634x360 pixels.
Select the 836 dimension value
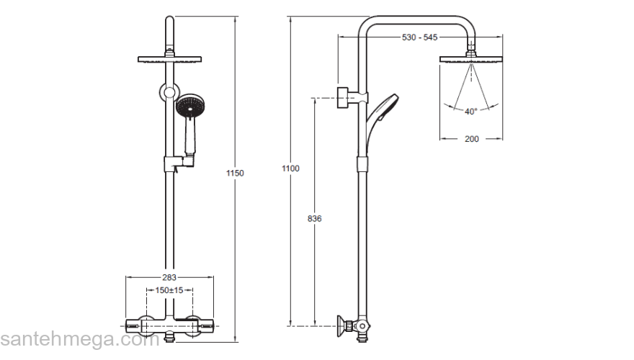coord(314,218)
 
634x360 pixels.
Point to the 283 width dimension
coord(169,277)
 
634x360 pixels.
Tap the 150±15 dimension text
coord(169,290)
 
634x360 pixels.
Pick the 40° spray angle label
coord(470,112)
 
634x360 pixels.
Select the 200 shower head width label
coord(472,140)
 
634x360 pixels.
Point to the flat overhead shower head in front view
coord(168,60)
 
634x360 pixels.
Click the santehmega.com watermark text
coord(79,339)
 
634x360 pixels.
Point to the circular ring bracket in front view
coord(168,92)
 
